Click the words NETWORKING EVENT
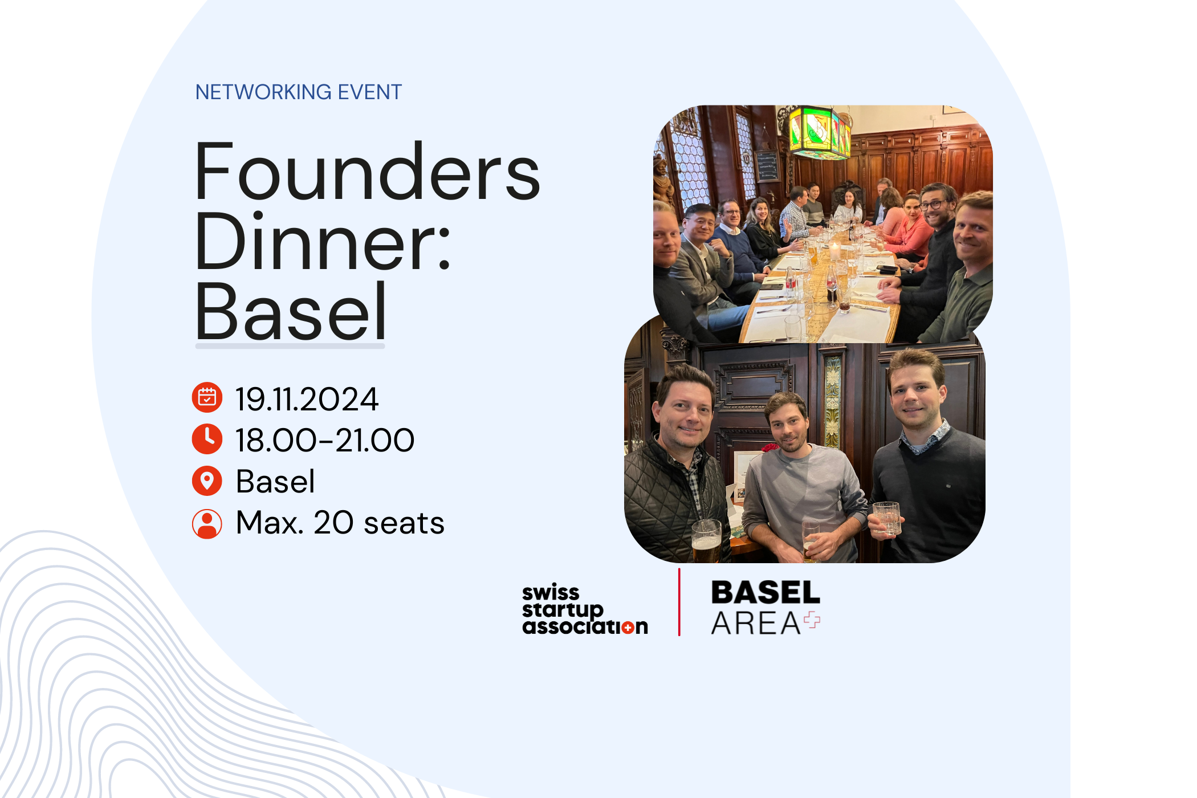tap(298, 92)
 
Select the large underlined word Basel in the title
tap(291, 313)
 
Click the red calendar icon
tap(207, 397)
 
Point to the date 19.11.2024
tap(307, 399)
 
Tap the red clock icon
tap(207, 439)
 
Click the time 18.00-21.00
tap(325, 440)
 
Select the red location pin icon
tap(207, 481)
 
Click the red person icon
tap(207, 523)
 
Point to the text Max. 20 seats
tap(340, 523)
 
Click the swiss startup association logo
tap(584, 609)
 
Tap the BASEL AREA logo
tap(765, 608)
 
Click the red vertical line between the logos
tap(679, 602)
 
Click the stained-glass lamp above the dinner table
tap(819, 133)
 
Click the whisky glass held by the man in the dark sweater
tap(886, 518)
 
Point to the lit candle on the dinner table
tap(834, 250)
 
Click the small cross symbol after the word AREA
tap(812, 620)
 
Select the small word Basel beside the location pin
tap(275, 482)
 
